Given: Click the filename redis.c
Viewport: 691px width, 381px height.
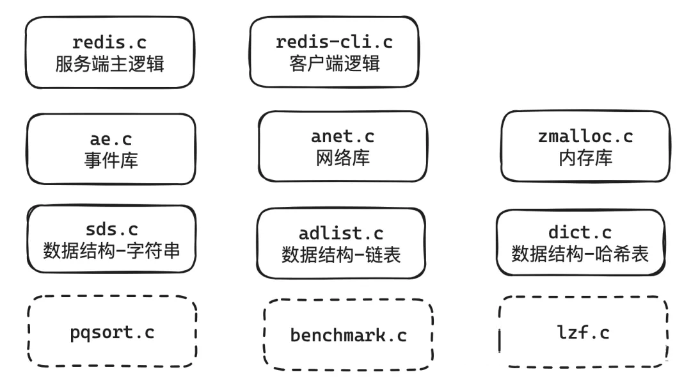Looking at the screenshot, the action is (x=109, y=42).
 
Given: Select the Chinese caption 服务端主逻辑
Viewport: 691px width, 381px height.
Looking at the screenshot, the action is (x=110, y=64).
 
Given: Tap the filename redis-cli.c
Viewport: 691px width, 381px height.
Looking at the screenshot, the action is (x=334, y=42).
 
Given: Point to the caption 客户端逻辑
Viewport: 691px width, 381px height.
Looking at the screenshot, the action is (x=335, y=63).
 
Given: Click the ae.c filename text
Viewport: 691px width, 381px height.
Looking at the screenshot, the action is (x=111, y=140).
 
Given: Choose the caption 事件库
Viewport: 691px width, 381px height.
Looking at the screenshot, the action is (x=111, y=161).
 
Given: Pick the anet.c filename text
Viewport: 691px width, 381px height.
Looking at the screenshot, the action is (x=342, y=136).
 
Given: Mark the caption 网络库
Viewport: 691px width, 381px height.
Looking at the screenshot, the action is (x=343, y=158).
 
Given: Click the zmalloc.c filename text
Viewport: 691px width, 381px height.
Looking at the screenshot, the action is (x=585, y=136).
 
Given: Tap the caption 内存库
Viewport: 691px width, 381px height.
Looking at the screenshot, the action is (x=585, y=158).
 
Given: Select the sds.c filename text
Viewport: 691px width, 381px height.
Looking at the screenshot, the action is (x=111, y=230).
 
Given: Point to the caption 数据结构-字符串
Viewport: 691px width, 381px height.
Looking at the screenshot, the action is (x=111, y=251).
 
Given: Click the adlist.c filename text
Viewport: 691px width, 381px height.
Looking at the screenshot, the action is (x=340, y=233).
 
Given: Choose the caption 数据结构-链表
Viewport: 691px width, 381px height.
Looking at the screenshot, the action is (x=341, y=255).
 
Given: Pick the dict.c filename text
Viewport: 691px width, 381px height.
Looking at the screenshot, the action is (x=580, y=232).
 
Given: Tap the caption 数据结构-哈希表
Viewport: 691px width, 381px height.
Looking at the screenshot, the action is (x=580, y=254).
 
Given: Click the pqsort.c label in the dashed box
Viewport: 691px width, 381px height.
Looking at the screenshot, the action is (x=112, y=333).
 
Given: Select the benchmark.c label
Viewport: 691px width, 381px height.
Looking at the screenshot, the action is (x=348, y=336).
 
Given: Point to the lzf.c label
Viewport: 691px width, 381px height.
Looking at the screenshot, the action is (x=584, y=332).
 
